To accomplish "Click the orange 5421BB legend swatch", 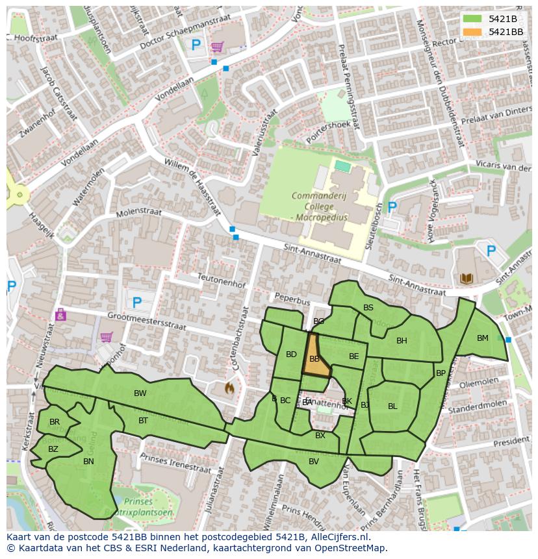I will (473, 31).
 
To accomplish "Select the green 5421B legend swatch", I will (473, 18).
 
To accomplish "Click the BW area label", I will (140, 393).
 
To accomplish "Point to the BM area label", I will (482, 338).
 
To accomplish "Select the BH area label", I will (402, 340).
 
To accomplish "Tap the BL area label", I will (392, 406).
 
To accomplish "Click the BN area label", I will (88, 462).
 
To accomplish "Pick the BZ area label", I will (53, 449).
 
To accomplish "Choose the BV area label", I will (314, 461).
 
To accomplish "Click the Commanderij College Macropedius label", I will (320, 206).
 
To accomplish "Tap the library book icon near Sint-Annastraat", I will (466, 279).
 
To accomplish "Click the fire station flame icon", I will (229, 388).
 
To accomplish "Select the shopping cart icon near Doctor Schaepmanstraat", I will (217, 46).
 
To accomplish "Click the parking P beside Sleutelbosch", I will (392, 207).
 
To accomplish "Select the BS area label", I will (368, 308).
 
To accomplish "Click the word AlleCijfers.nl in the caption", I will (339, 538).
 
